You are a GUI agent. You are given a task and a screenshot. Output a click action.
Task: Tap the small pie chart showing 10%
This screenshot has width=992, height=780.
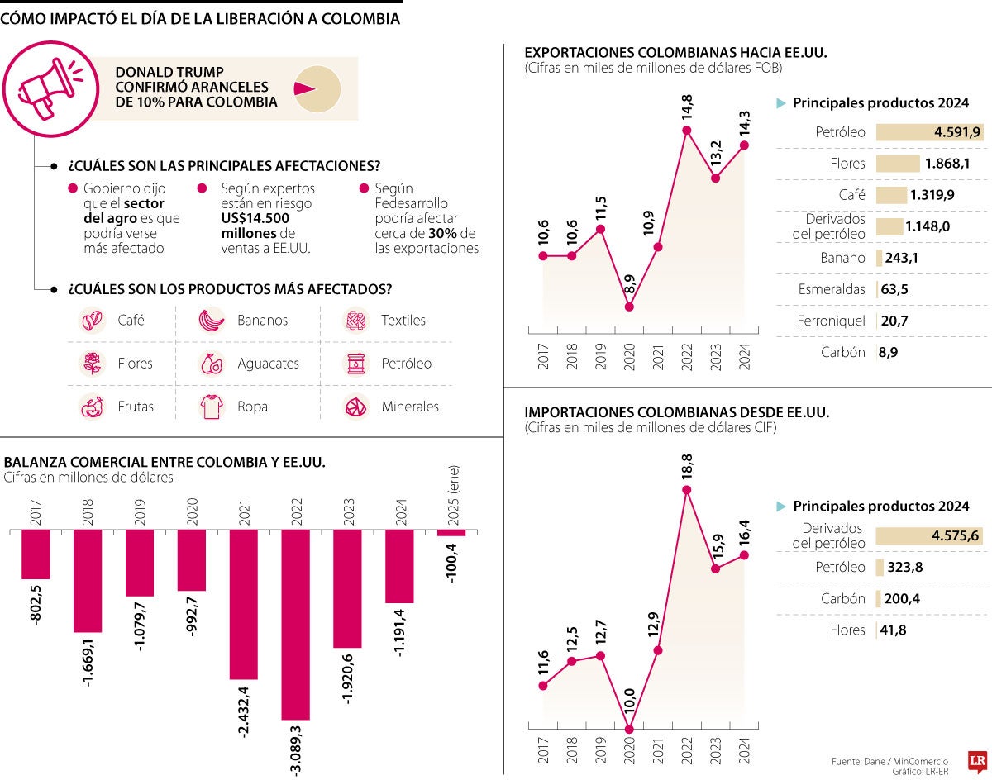coord(317,88)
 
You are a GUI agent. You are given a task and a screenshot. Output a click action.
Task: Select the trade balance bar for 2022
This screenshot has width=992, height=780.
coord(295,624)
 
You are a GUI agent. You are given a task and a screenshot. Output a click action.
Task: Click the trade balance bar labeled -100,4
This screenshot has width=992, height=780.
coord(451,533)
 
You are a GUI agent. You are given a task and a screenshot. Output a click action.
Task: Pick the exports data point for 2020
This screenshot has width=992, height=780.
coord(630,307)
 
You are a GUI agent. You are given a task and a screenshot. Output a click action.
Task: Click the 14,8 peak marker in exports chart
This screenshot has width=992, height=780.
coord(687,130)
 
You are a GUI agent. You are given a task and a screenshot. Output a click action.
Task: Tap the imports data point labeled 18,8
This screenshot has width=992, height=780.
coord(687,490)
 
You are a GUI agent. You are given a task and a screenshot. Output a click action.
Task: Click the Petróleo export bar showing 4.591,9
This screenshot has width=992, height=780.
coord(929,132)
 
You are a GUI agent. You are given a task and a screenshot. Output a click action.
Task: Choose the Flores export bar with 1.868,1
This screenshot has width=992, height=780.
coord(898,164)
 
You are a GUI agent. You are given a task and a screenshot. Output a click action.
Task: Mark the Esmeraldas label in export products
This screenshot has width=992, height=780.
coord(832,289)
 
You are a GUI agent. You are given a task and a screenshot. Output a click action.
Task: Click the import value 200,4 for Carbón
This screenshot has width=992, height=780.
coord(900,599)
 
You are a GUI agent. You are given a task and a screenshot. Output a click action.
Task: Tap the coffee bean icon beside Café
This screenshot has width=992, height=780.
coord(92,320)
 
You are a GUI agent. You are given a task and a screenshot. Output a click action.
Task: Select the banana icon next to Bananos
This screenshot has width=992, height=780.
coord(212,320)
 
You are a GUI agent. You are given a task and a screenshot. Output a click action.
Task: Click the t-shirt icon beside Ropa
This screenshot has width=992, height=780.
coord(212,407)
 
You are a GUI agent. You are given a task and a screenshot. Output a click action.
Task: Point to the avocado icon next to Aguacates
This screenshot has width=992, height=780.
coord(212,364)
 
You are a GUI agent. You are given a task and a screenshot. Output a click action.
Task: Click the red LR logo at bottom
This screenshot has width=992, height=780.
coord(978,761)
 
